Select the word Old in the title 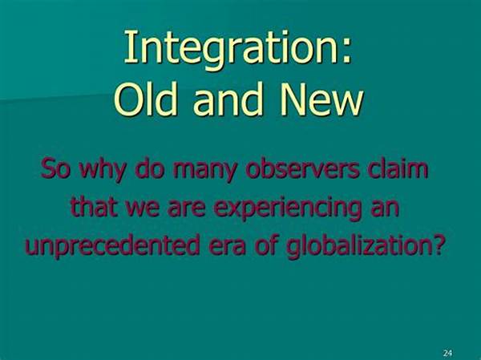(146, 99)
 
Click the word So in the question (55, 168)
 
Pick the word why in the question (102, 169)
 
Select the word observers (302, 168)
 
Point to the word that (94, 206)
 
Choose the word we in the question (143, 208)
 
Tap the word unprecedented (112, 245)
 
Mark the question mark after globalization (438, 245)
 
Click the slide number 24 (448, 353)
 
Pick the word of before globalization (266, 245)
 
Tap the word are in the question (187, 208)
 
